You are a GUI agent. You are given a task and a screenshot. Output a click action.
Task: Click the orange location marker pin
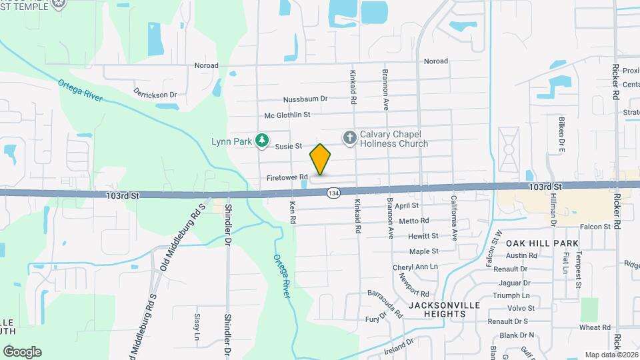tap(321, 159)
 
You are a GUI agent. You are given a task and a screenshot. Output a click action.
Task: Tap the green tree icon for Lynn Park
tap(263, 140)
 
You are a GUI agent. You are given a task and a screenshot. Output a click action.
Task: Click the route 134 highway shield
tap(331, 193)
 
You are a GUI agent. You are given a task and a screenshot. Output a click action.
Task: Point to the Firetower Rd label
tap(287, 178)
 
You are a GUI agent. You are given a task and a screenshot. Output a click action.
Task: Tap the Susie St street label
tap(289, 146)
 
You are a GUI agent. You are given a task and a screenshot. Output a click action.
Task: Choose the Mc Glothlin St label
tap(287, 115)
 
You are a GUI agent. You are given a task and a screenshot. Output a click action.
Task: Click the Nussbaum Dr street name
tap(305, 99)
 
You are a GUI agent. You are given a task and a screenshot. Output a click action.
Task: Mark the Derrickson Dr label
tap(155, 94)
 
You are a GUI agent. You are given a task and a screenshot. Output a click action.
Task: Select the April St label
tap(406, 206)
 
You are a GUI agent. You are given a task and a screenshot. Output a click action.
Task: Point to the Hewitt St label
tap(423, 236)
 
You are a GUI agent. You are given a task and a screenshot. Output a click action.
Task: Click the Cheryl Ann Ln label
tap(415, 267)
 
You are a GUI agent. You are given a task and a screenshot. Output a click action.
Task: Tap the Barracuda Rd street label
tap(385, 303)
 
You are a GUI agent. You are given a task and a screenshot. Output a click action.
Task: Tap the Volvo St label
tap(521, 308)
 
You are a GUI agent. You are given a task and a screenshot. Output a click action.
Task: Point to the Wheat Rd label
tap(595, 327)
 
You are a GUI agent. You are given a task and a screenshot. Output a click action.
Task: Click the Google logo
tap(22, 351)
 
